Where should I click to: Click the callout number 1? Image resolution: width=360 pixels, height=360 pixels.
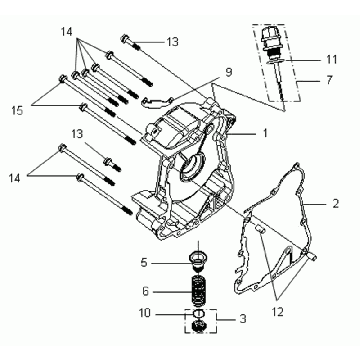click(265, 133)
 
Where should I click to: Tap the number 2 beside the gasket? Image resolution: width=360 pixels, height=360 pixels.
click(335, 203)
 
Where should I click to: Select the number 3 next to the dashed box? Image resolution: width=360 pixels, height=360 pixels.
click(243, 319)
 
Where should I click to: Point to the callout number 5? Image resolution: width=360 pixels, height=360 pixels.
click(144, 263)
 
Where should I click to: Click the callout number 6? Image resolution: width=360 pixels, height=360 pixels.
click(145, 292)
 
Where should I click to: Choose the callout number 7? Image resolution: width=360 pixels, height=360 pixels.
click(329, 80)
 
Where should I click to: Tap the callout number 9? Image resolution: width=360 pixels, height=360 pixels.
click(228, 72)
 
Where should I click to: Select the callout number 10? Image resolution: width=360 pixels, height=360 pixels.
click(145, 313)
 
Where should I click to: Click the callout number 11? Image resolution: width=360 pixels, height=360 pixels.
click(331, 60)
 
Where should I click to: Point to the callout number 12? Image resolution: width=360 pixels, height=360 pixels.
click(277, 312)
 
